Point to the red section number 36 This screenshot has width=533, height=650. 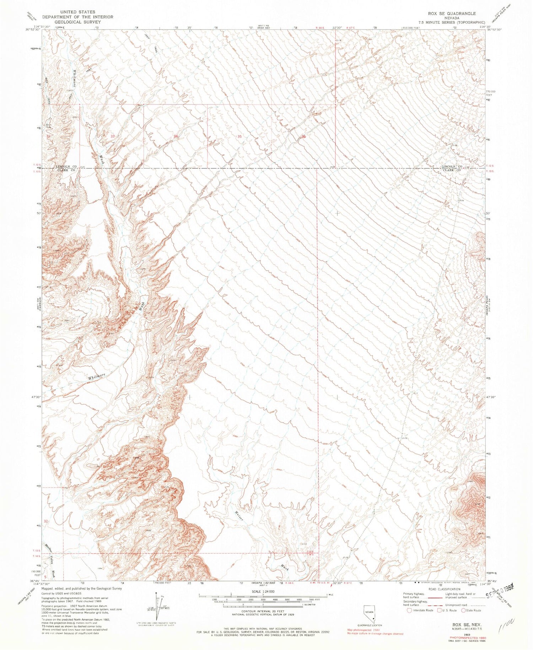303,136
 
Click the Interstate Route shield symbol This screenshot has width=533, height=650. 410,610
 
